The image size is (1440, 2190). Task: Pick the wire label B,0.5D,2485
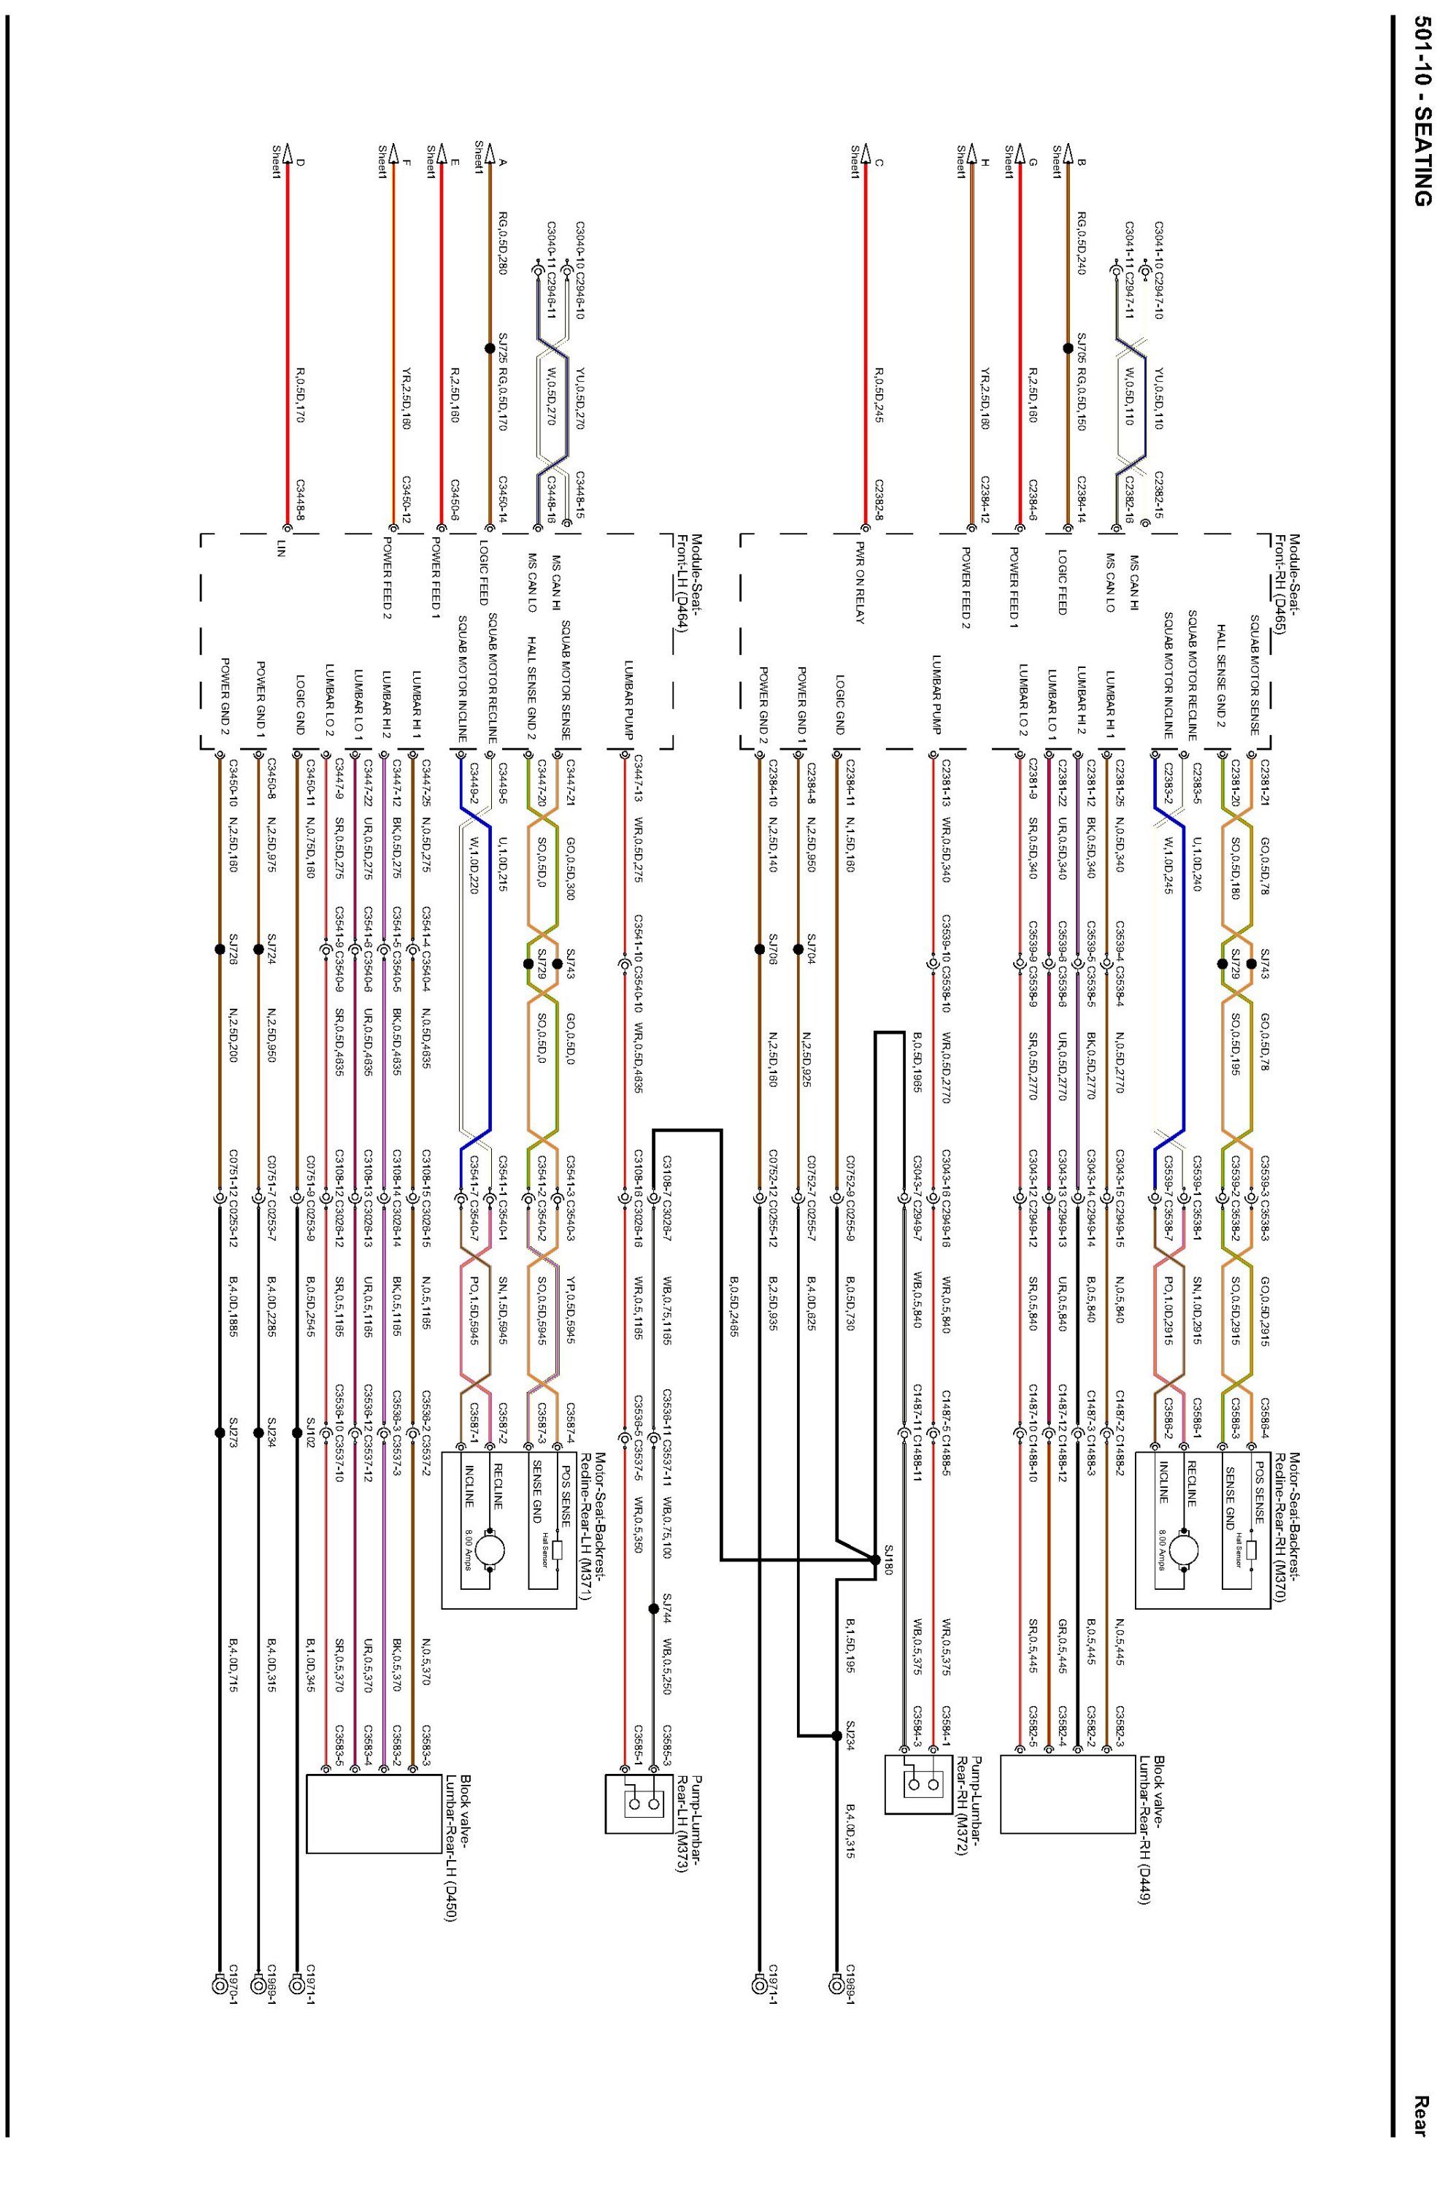(734, 1305)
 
